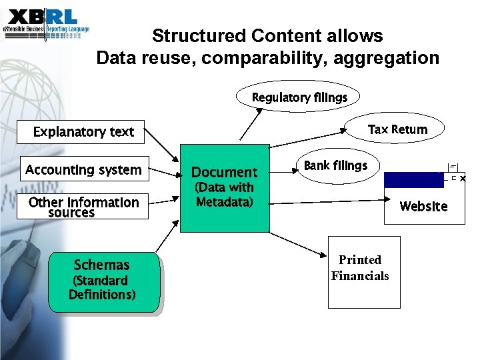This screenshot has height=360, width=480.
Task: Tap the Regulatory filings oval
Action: click(299, 98)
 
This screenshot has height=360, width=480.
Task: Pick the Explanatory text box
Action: click(84, 132)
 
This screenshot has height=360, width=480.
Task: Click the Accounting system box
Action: click(84, 170)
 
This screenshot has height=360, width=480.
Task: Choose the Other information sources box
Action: click(84, 207)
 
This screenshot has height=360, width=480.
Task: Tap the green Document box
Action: click(225, 188)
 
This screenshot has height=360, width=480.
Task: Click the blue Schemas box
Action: click(103, 281)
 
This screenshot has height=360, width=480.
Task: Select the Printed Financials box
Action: click(364, 272)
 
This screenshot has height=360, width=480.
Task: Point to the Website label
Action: click(423, 207)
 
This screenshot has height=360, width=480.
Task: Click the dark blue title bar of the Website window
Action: click(414, 179)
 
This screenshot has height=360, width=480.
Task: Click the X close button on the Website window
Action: click(463, 179)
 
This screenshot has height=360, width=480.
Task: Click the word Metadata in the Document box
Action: click(225, 201)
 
